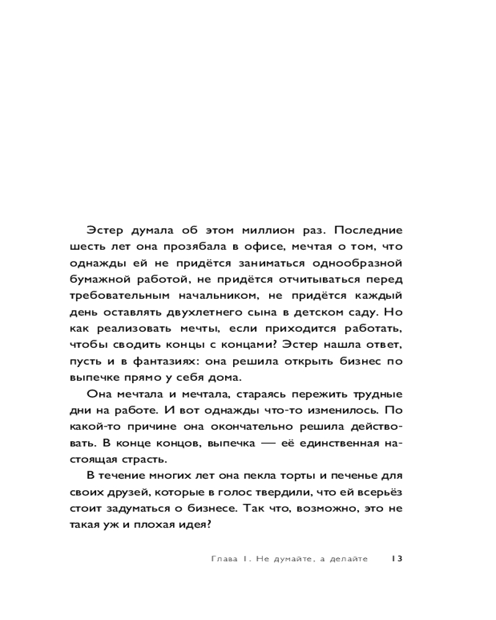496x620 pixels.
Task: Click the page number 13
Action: click(x=397, y=559)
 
